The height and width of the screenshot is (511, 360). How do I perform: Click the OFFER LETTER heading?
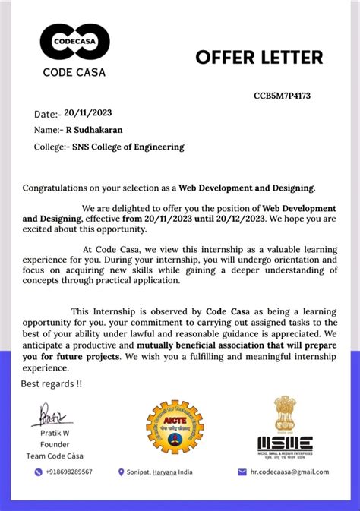point(259,57)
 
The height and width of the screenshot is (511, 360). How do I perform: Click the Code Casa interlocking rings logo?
point(74,42)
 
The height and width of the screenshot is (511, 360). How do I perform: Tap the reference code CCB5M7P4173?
point(282,96)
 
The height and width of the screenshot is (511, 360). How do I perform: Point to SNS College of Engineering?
point(128,147)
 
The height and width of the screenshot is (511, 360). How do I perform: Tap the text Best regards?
point(51,383)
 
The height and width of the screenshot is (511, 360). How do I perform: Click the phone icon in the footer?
point(38,472)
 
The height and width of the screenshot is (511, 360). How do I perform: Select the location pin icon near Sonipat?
point(121,472)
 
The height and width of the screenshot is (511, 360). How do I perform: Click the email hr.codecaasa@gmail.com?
point(289,472)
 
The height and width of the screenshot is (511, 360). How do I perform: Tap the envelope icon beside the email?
point(242,472)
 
